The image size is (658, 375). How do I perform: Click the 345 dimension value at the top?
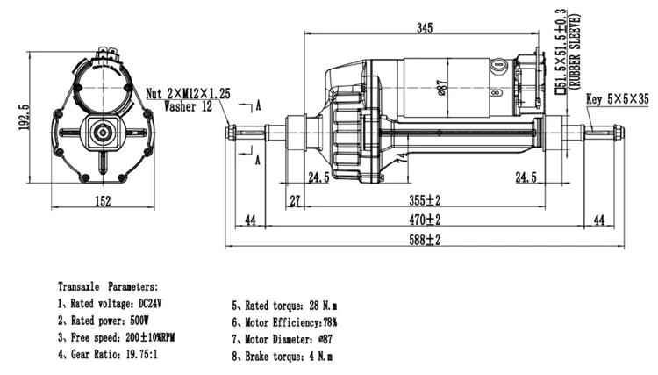[x=425, y=28]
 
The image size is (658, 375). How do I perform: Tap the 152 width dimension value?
[x=103, y=201]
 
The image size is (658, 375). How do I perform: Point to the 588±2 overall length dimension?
[x=425, y=240]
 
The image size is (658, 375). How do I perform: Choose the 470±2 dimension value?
[x=425, y=220]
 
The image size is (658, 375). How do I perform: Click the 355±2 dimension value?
[x=425, y=200]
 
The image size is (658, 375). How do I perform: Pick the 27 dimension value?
[x=296, y=201]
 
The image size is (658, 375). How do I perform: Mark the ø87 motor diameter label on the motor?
[x=443, y=88]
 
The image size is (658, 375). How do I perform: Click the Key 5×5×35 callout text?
[x=618, y=99]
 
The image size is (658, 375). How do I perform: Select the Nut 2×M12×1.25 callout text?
[x=188, y=93]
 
